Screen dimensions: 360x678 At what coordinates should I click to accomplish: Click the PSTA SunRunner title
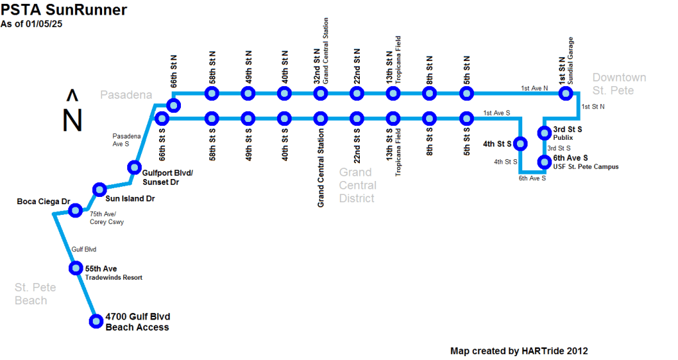(x=64, y=9)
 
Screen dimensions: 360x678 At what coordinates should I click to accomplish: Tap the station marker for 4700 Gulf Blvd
(x=95, y=322)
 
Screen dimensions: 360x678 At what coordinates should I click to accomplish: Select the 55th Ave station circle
(x=76, y=269)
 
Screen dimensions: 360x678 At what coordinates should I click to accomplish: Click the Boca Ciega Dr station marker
(x=75, y=211)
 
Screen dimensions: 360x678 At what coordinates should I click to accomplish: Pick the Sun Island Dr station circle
(x=99, y=190)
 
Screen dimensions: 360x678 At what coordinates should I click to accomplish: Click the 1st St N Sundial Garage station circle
(x=565, y=93)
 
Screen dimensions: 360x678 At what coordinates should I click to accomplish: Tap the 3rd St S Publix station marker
(x=544, y=131)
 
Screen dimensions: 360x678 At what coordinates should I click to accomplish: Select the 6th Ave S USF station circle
(x=544, y=161)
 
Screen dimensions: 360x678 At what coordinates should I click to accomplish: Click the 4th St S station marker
(x=520, y=143)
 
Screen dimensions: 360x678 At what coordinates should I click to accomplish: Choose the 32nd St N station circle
(x=321, y=93)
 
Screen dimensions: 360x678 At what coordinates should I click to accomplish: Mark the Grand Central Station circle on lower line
(x=321, y=119)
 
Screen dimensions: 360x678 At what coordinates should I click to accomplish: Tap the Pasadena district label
(x=126, y=95)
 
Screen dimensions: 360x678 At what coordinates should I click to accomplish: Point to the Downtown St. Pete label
(x=618, y=84)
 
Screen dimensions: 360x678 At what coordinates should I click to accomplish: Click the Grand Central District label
(x=357, y=185)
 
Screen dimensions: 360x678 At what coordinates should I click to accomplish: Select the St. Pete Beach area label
(x=35, y=294)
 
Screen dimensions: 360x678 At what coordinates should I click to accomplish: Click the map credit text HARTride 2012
(x=519, y=351)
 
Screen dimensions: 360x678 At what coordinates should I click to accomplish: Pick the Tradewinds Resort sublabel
(x=114, y=278)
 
